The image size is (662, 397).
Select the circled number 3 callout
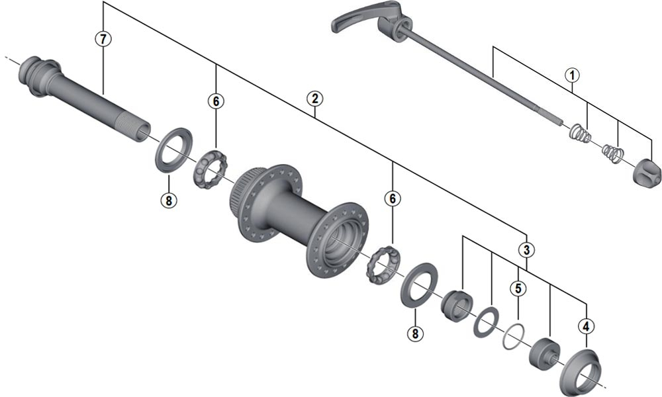click(x=526, y=250)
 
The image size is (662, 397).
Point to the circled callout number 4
click(x=586, y=326)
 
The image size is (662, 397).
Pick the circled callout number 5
click(x=518, y=288)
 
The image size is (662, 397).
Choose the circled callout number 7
click(x=102, y=38)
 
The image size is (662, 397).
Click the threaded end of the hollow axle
click(x=136, y=126)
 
